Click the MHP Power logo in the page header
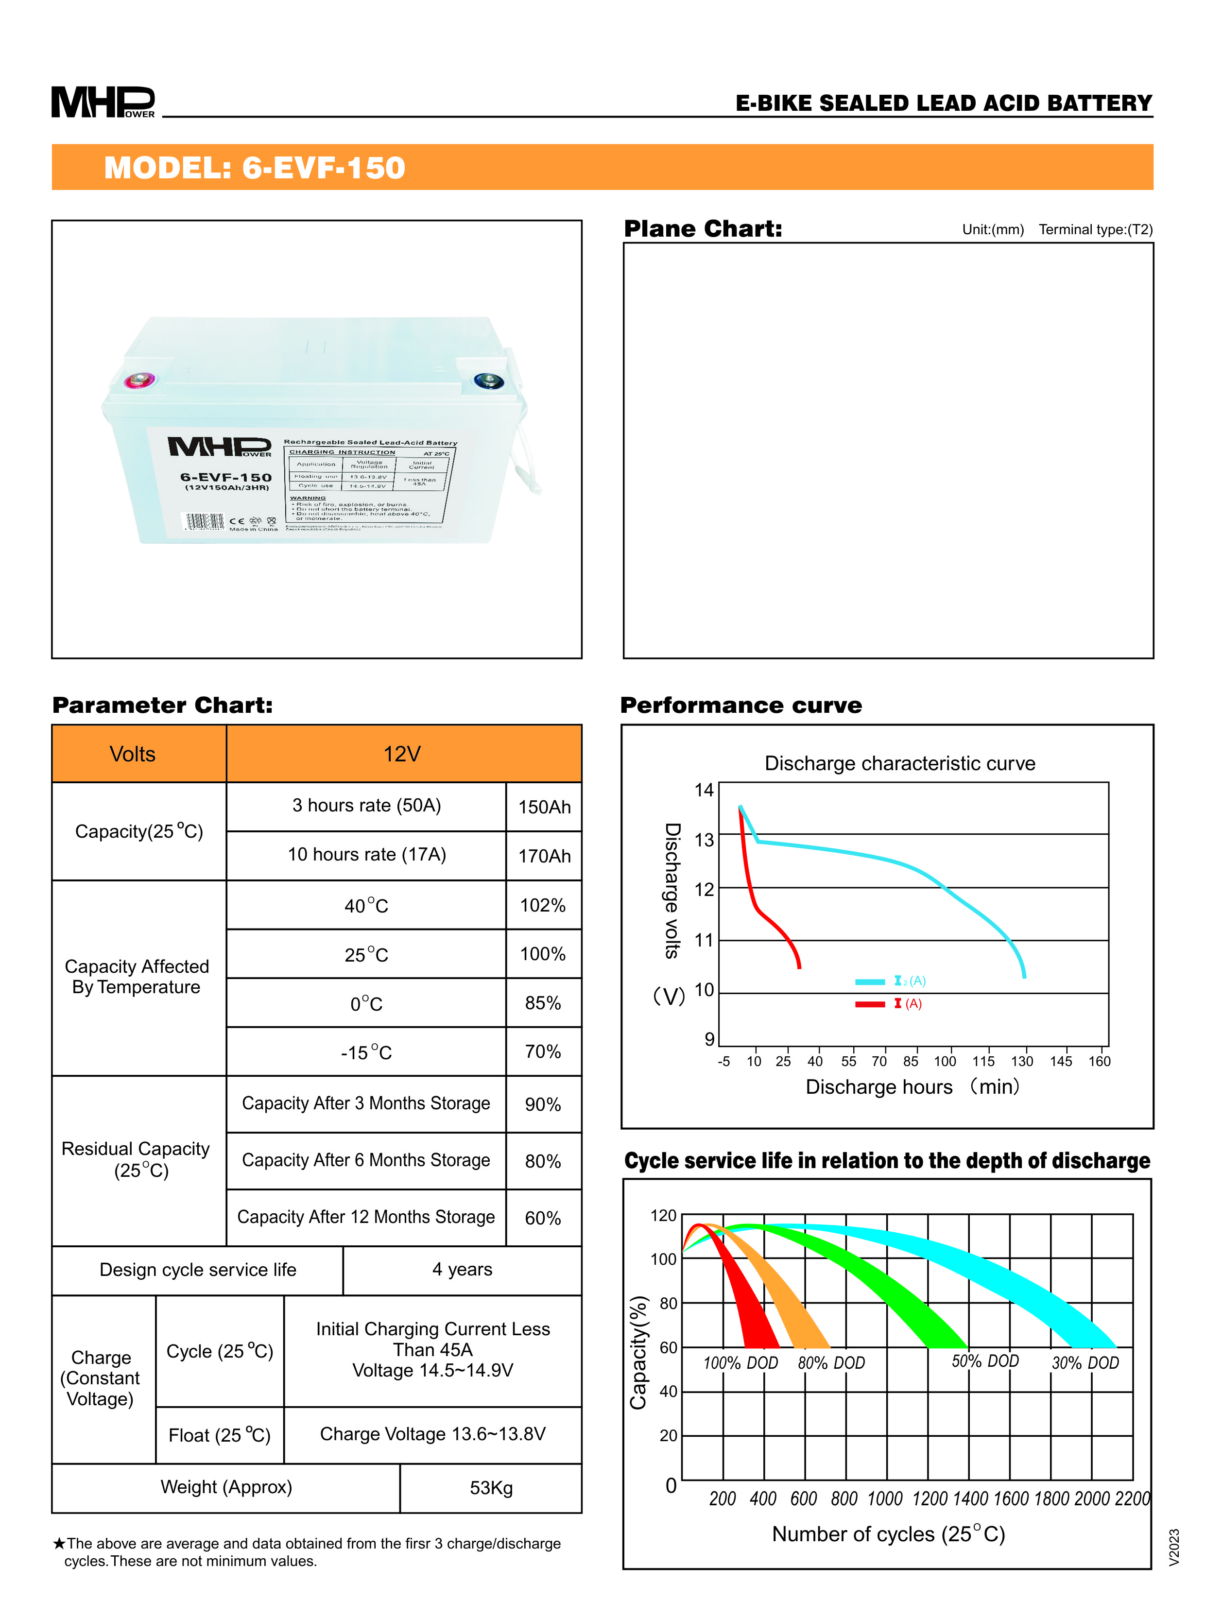pyautogui.click(x=103, y=102)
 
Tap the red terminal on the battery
pyautogui.click(x=138, y=380)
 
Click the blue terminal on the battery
pyautogui.click(x=487, y=380)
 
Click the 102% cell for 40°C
pyautogui.click(x=543, y=905)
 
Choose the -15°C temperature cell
pyautogui.click(x=366, y=1052)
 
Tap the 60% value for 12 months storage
pyautogui.click(x=543, y=1218)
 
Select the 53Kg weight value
pyautogui.click(x=491, y=1487)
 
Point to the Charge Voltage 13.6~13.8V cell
pyautogui.click(x=432, y=1434)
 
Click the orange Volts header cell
pyautogui.click(x=133, y=754)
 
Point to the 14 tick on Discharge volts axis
pyautogui.click(x=704, y=790)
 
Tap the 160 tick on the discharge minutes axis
pyautogui.click(x=1099, y=1061)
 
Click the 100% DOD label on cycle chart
pyautogui.click(x=740, y=1363)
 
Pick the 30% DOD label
pyautogui.click(x=1084, y=1363)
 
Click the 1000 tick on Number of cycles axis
pyautogui.click(x=885, y=1498)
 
